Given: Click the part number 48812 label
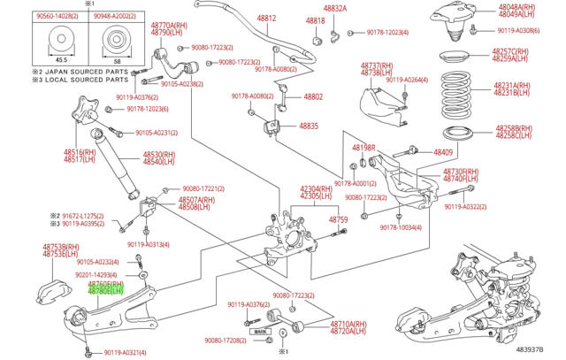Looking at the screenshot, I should [x=266, y=18].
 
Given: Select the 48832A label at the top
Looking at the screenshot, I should [x=334, y=8].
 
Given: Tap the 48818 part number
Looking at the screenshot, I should [x=316, y=19].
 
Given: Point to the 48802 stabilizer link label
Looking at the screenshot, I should [x=313, y=96].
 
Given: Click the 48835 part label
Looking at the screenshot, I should [x=309, y=126].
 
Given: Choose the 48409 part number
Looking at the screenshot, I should [x=442, y=152].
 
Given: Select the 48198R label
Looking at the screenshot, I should [x=363, y=148].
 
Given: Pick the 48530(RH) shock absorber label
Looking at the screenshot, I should [x=159, y=155].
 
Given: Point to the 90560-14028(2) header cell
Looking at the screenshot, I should [x=57, y=16].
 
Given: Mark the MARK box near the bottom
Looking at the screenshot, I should [x=260, y=331].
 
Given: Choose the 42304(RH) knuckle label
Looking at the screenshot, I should [x=316, y=188].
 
